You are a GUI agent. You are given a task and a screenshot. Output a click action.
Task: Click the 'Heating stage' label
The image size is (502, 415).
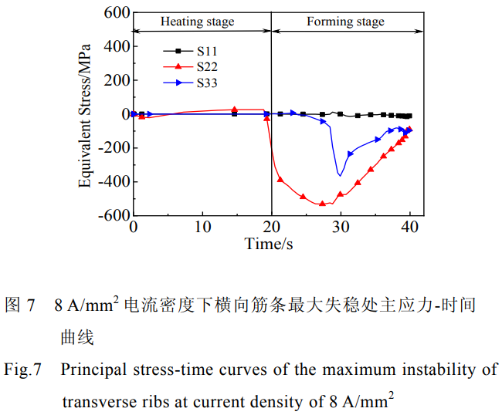point(197,22)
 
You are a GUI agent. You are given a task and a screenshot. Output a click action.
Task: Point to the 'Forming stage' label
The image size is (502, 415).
point(345,22)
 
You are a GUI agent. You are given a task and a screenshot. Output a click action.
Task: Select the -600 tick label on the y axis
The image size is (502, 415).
point(111,216)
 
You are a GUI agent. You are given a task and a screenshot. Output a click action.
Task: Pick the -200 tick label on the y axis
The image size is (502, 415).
point(111,148)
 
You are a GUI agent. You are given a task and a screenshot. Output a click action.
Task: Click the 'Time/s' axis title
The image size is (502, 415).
point(270,244)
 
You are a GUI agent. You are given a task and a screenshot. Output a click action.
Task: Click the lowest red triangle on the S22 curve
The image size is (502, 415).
point(322,204)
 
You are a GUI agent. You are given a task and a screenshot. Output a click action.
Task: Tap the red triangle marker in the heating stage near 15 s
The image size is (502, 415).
point(235,110)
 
